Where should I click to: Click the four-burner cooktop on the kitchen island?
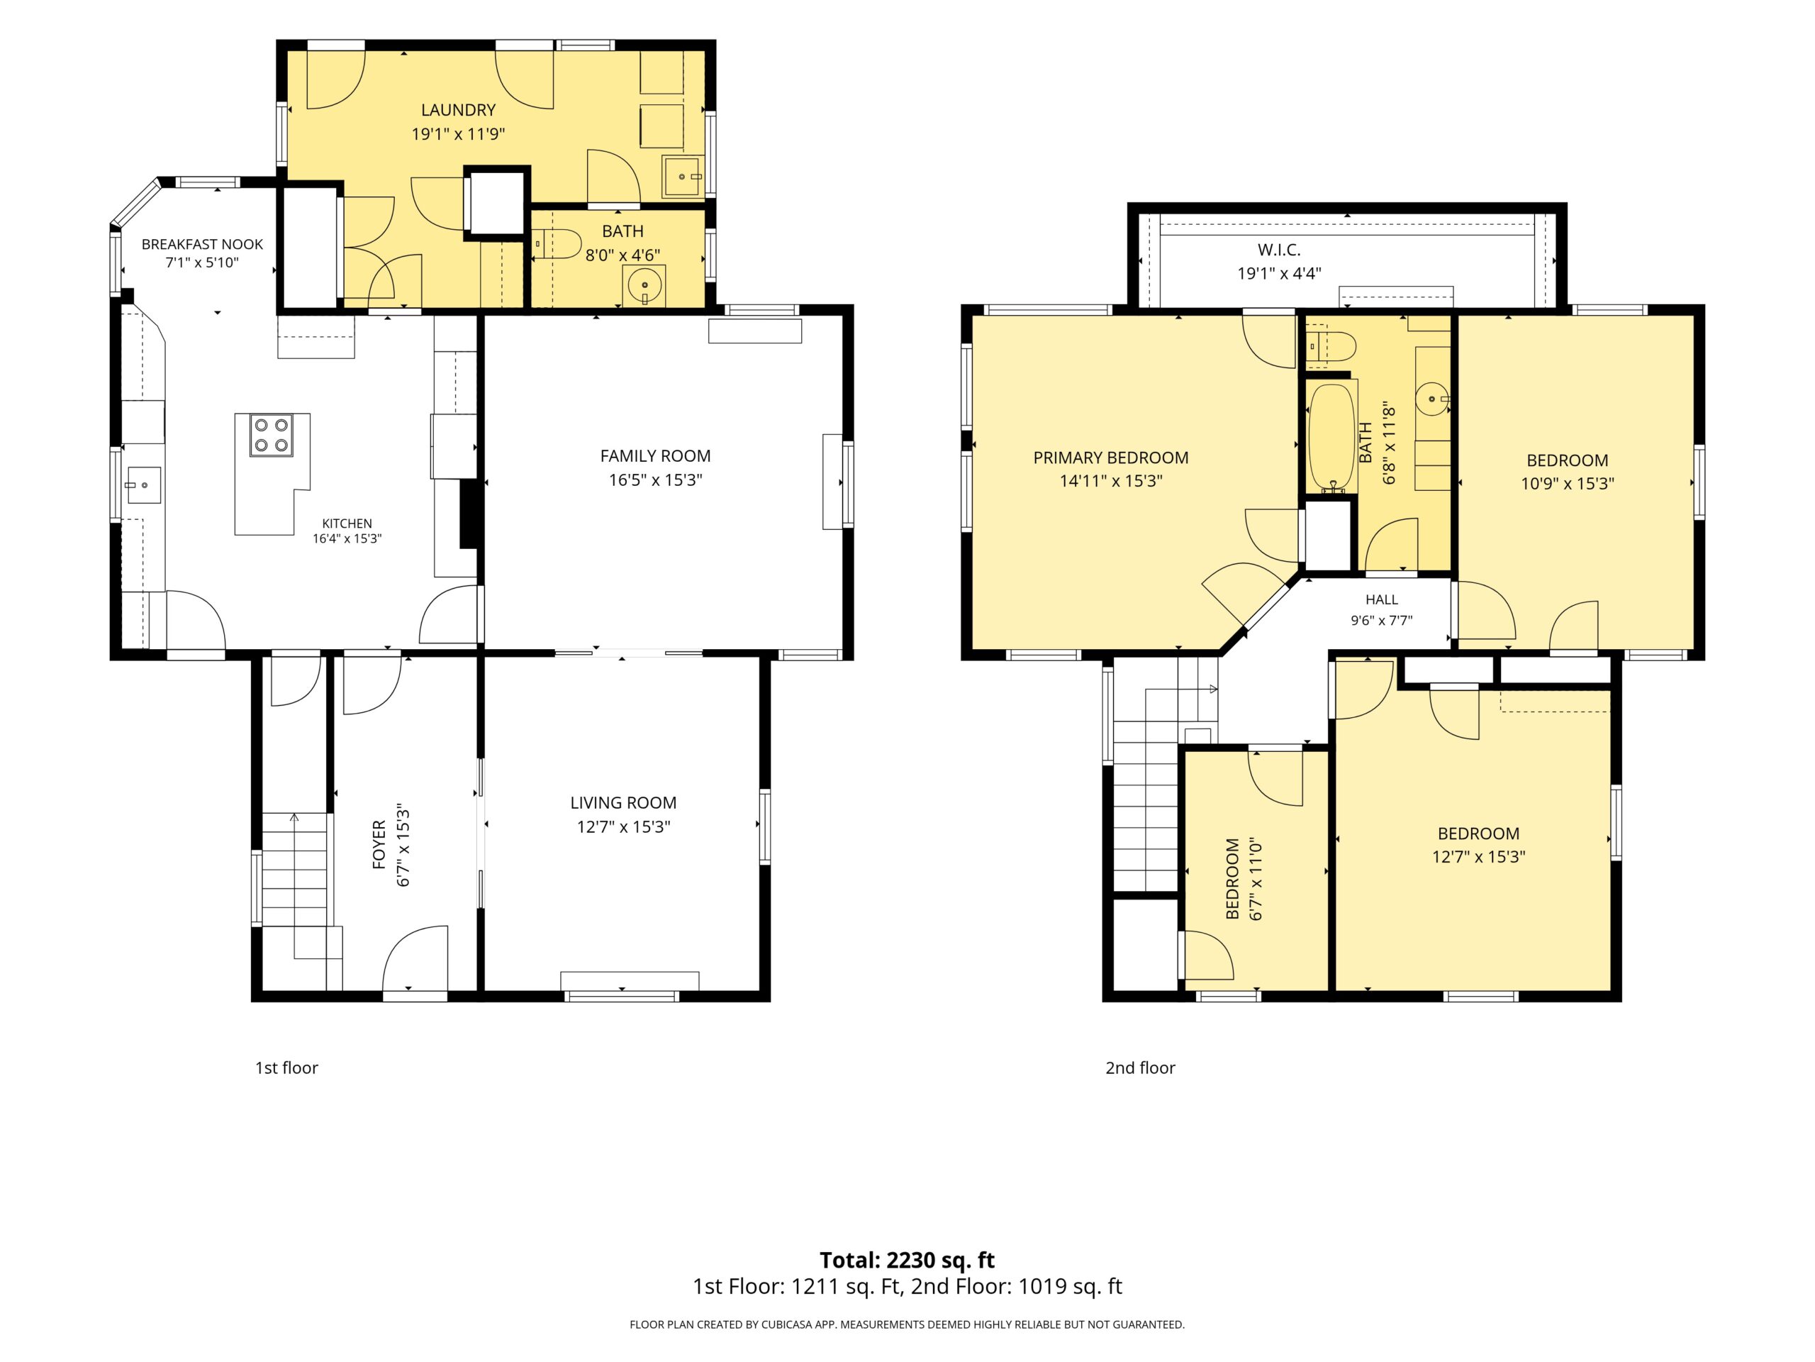click(272, 435)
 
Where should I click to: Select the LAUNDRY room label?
click(458, 110)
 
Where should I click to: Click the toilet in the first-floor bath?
click(557, 244)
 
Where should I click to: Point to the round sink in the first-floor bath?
click(644, 286)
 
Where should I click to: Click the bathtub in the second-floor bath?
click(1331, 438)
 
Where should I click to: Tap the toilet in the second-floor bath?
click(1330, 346)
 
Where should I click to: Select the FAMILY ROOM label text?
click(656, 455)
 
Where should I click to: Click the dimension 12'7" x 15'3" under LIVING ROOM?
click(624, 826)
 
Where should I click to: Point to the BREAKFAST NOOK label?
click(202, 245)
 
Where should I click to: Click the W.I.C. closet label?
click(1279, 250)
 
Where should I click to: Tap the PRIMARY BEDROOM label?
click(1111, 458)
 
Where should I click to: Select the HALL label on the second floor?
click(1382, 600)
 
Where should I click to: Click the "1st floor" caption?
click(286, 1068)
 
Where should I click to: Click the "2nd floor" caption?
click(1140, 1068)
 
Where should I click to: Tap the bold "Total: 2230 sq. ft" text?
click(907, 1260)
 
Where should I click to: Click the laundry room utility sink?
click(682, 177)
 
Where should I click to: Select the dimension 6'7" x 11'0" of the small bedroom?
click(1256, 878)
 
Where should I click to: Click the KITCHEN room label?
click(347, 523)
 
